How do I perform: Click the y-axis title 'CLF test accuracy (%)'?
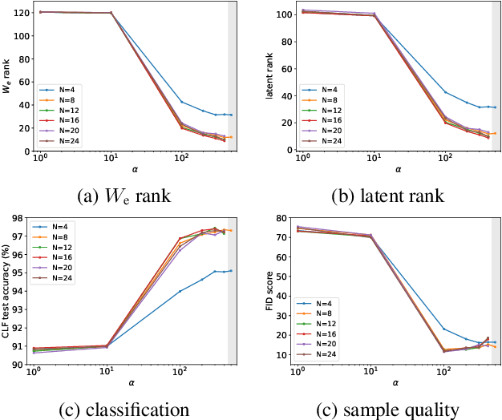tap(6, 290)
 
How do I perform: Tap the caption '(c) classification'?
tap(125, 410)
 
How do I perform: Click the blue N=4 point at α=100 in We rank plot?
tap(180, 102)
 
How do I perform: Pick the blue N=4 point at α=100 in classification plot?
tap(180, 291)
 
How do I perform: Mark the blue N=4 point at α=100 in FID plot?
tap(443, 329)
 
